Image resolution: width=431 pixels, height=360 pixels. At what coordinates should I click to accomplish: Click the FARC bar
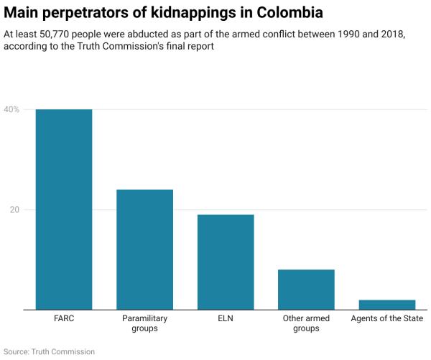[x=64, y=209]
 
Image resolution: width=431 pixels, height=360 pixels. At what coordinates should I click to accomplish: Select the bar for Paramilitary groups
[x=145, y=249]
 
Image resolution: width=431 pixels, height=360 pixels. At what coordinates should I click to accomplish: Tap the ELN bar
[x=226, y=262]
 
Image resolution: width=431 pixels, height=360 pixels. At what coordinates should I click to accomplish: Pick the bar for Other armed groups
[x=307, y=290]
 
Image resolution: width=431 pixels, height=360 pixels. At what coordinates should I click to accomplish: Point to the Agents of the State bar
[x=387, y=305]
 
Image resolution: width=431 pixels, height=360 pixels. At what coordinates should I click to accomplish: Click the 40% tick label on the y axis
[x=11, y=109]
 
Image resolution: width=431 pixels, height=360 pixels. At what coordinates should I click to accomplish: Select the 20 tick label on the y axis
[x=12, y=210]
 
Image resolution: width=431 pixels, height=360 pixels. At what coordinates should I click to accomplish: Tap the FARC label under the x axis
[x=64, y=318]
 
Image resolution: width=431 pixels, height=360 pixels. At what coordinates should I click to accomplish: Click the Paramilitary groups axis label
[x=145, y=323]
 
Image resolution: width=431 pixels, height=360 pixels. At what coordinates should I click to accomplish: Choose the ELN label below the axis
[x=226, y=318]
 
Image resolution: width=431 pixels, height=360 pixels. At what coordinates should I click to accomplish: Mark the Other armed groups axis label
[x=307, y=323]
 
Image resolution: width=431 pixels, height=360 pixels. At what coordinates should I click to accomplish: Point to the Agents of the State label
[x=387, y=318]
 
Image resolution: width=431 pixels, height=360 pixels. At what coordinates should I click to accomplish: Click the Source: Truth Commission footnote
[x=49, y=351]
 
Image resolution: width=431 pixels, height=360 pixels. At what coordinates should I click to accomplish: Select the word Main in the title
[x=20, y=12]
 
